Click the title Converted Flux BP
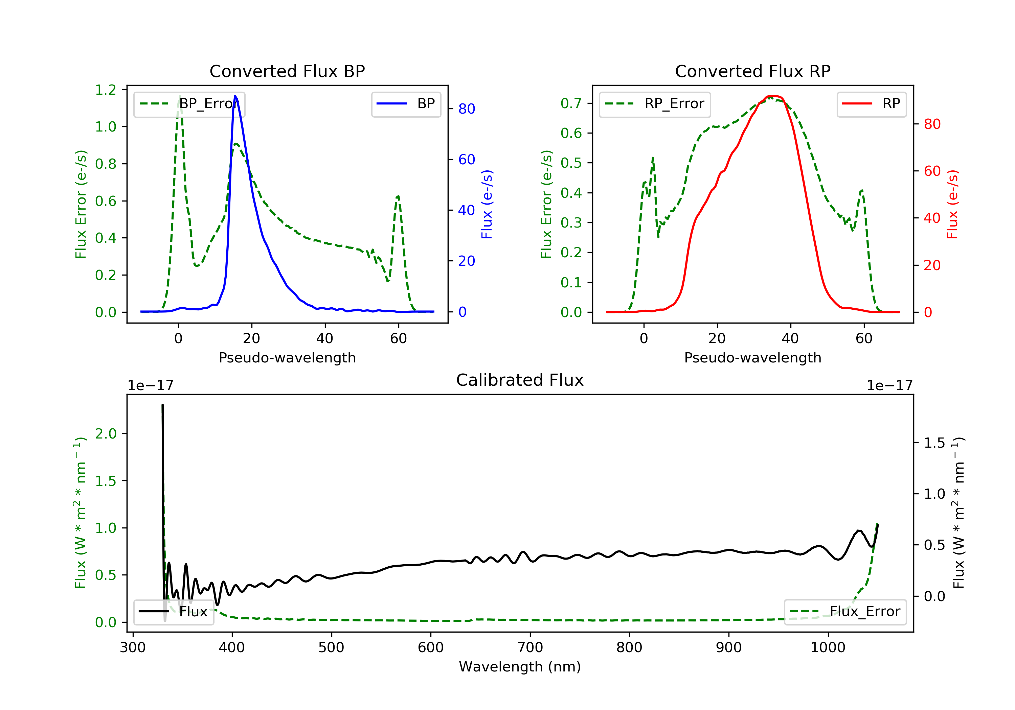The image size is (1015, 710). pos(287,71)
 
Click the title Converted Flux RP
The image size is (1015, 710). pos(752,71)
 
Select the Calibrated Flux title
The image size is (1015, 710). pos(520,380)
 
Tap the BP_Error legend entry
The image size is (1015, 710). pos(189,104)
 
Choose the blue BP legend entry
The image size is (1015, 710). pos(406,104)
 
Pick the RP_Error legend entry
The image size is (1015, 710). pos(654,104)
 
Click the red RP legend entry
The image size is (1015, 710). pos(871,104)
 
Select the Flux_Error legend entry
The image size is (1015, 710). pos(845,612)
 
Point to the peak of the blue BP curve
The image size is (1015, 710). pos(235,96)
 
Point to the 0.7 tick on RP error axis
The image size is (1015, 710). pos(571,103)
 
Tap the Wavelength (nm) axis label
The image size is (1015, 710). pos(520,667)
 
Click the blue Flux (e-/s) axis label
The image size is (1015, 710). pos(487,204)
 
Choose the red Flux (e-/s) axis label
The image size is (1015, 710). pos(952,204)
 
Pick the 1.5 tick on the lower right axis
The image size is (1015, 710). pos(934,443)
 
